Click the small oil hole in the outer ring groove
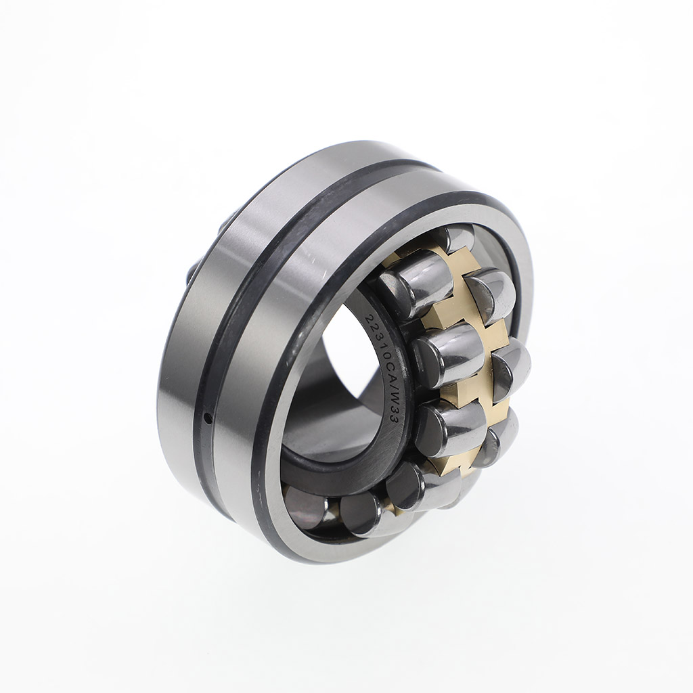tap(208, 416)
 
